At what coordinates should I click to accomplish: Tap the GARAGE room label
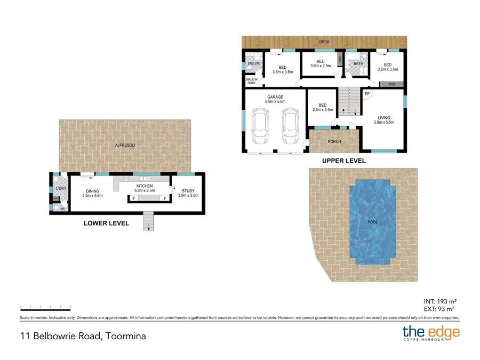pyautogui.click(x=275, y=99)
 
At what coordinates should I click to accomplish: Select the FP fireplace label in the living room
pyautogui.click(x=367, y=94)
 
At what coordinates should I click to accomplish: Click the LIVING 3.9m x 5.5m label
pyautogui.click(x=383, y=120)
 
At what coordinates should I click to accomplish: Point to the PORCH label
pyautogui.click(x=334, y=142)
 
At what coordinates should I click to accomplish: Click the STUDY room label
pyautogui.click(x=188, y=193)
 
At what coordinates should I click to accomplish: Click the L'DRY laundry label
pyautogui.click(x=60, y=188)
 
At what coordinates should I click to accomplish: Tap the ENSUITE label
pyautogui.click(x=253, y=64)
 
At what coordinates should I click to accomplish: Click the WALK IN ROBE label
pyautogui.click(x=252, y=82)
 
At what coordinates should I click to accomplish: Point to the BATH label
pyautogui.click(x=358, y=64)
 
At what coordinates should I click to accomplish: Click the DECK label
pyautogui.click(x=324, y=42)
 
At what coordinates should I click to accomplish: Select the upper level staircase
pyautogui.click(x=348, y=102)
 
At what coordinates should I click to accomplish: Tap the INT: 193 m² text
pyautogui.click(x=438, y=300)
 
